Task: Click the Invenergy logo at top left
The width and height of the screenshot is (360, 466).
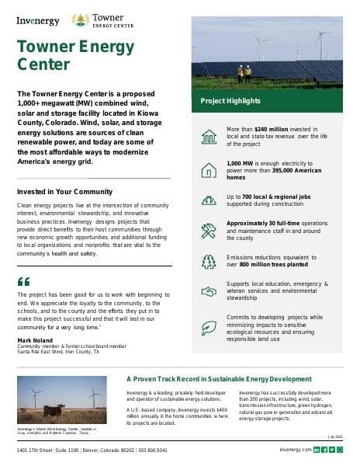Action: pyautogui.click(x=38, y=20)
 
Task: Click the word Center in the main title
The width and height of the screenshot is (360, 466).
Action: pyautogui.click(x=43, y=64)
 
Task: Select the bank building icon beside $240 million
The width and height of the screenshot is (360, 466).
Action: pyautogui.click(x=209, y=136)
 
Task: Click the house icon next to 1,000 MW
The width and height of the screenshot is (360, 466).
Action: pyautogui.click(x=209, y=169)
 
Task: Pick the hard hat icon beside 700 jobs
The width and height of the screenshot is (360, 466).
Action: pyautogui.click(x=209, y=200)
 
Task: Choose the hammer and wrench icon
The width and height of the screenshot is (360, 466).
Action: pyautogui.click(x=209, y=229)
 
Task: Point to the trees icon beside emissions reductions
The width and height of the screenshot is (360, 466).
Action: pyautogui.click(x=209, y=260)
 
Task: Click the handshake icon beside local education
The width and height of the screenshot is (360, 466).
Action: pyautogui.click(x=209, y=290)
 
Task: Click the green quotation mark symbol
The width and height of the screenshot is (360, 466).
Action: pyautogui.click(x=23, y=281)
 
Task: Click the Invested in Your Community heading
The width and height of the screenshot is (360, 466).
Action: pyautogui.click(x=64, y=191)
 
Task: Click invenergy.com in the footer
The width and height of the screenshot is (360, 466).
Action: pyautogui.click(x=295, y=450)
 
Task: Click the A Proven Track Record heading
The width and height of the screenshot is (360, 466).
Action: pyautogui.click(x=219, y=379)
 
